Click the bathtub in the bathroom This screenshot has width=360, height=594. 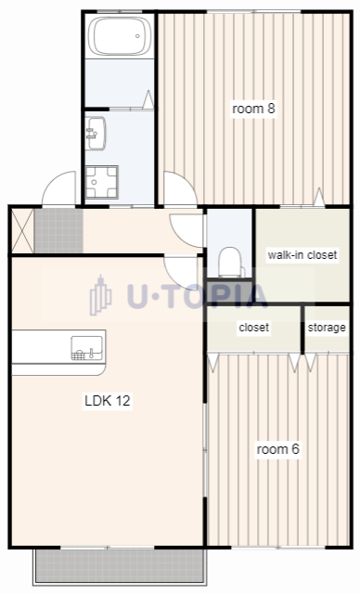click(120, 35)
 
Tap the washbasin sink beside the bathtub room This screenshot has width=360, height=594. click(95, 134)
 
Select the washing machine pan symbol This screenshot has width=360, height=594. click(101, 182)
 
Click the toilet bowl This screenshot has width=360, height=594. click(231, 262)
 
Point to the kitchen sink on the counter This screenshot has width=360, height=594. click(86, 348)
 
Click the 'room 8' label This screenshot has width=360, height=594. click(253, 109)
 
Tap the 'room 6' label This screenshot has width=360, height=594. click(277, 449)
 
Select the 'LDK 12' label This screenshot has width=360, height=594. click(108, 400)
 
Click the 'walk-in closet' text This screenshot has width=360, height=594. click(302, 254)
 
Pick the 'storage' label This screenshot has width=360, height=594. click(327, 328)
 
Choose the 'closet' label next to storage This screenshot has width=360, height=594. click(254, 328)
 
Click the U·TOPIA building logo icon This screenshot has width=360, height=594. click(100, 295)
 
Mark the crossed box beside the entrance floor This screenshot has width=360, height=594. click(22, 231)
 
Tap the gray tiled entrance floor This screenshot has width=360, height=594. click(58, 231)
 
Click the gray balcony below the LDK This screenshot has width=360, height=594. click(120, 566)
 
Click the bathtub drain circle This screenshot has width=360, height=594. click(137, 36)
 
